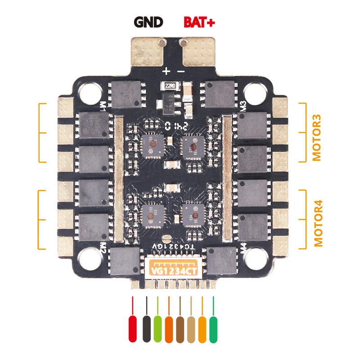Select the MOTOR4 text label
tap(318, 219)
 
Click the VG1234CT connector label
tap(173, 271)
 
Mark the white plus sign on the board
tap(166, 71)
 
